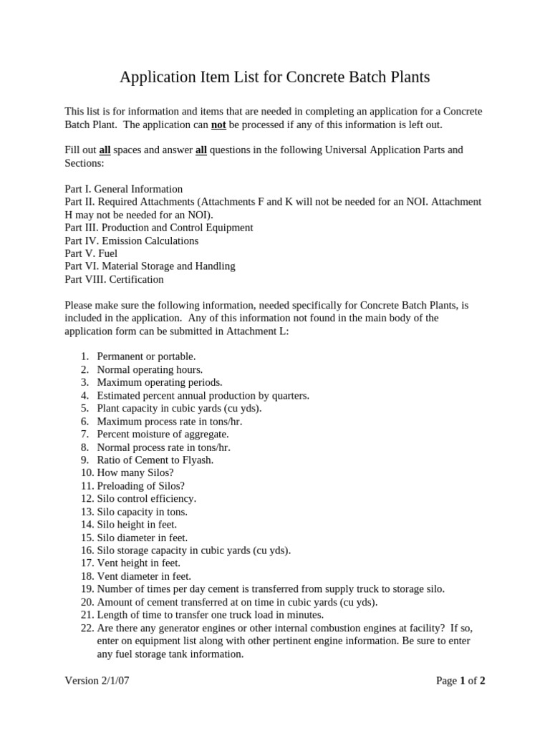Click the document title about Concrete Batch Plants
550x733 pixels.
click(x=274, y=77)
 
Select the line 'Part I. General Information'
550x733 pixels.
click(x=123, y=189)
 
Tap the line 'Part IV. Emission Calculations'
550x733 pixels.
click(x=131, y=241)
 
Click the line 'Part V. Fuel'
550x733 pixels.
click(x=91, y=253)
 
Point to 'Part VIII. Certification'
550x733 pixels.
click(x=114, y=279)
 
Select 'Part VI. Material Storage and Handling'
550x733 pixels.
click(x=150, y=266)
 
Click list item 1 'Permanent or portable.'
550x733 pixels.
click(x=146, y=356)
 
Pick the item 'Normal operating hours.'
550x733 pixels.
click(x=150, y=369)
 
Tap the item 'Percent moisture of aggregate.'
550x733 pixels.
click(x=163, y=434)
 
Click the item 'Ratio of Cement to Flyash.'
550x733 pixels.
click(x=155, y=460)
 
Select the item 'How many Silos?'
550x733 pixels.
click(x=135, y=472)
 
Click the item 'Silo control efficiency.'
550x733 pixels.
click(x=146, y=498)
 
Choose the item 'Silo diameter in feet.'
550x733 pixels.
click(x=142, y=537)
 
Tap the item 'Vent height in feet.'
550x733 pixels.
click(x=138, y=563)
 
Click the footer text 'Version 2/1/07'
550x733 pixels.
click(x=97, y=681)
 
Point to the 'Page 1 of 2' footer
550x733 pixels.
click(x=460, y=681)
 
